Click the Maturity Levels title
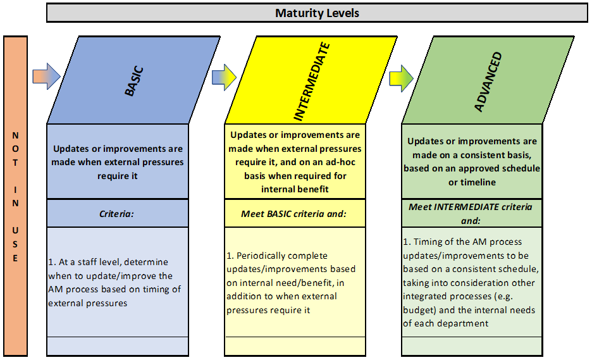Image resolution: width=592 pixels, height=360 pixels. (x=317, y=13)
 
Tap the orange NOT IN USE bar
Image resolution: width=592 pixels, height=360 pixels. (x=15, y=196)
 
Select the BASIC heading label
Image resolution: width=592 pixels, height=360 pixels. (x=134, y=81)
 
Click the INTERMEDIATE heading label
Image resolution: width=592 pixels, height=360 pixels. (x=312, y=81)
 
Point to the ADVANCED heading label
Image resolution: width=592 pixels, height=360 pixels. (x=488, y=82)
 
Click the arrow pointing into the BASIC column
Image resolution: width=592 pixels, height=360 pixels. (x=46, y=77)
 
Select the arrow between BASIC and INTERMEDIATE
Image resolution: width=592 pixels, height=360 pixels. (x=224, y=77)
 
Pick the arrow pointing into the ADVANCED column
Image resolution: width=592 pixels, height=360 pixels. (x=402, y=78)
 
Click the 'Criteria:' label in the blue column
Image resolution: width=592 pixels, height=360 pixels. (x=116, y=214)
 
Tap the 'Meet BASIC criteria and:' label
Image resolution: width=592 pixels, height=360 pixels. (x=293, y=214)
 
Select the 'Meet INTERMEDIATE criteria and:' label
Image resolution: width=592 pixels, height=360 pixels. (x=471, y=214)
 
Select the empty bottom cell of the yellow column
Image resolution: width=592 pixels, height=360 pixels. (x=295, y=346)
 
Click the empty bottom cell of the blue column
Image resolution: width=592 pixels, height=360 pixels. (x=118, y=346)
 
